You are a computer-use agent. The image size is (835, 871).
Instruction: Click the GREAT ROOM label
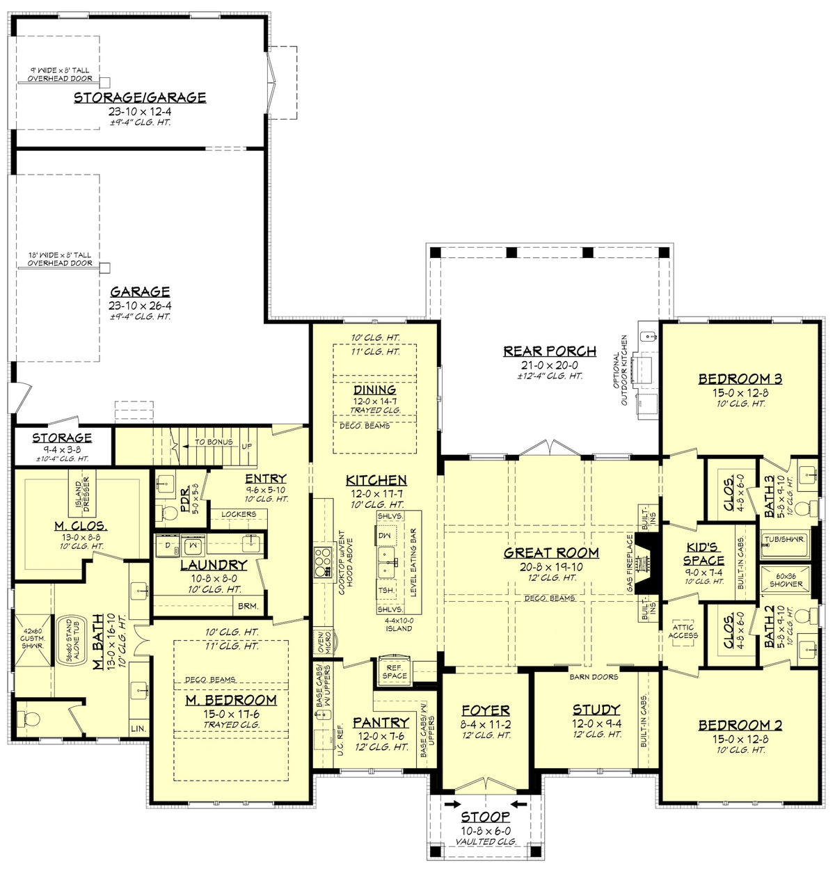[551, 553]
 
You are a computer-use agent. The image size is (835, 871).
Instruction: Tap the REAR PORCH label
[550, 351]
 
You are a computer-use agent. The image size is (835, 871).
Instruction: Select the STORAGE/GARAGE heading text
[140, 97]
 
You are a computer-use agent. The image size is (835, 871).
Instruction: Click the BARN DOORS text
[594, 677]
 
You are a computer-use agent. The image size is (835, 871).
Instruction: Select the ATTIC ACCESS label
[683, 632]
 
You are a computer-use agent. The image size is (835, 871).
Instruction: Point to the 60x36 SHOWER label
[786, 580]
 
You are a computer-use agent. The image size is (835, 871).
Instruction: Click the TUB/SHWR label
[785, 539]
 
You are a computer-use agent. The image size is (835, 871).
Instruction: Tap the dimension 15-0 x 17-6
[231, 714]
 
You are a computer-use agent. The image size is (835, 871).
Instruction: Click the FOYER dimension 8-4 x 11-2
[486, 724]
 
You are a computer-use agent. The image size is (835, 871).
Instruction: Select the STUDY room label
[596, 710]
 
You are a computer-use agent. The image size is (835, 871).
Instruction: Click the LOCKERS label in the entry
[239, 514]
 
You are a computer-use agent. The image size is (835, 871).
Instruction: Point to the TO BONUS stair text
[214, 442]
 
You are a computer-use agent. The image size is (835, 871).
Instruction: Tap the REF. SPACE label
[395, 671]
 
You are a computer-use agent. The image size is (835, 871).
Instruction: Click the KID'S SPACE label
[703, 554]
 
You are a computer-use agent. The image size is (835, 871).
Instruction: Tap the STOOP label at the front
[486, 817]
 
